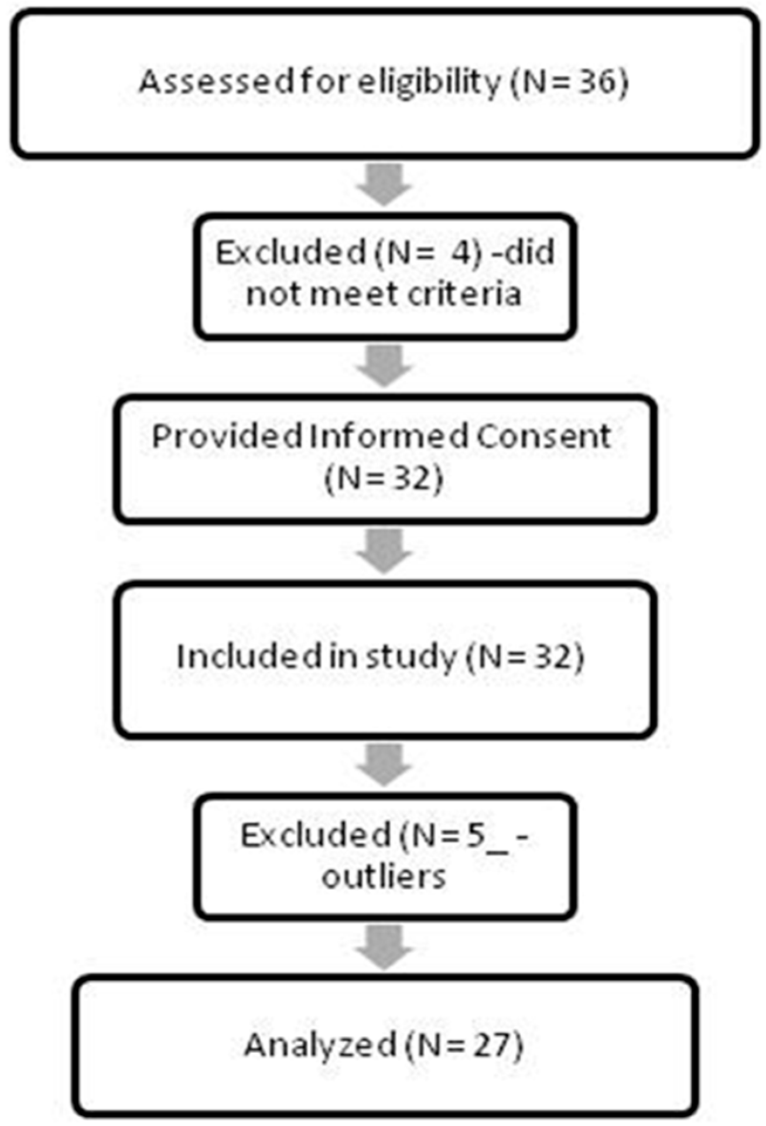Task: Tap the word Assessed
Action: (216, 81)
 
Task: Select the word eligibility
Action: (429, 83)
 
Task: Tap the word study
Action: (411, 657)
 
